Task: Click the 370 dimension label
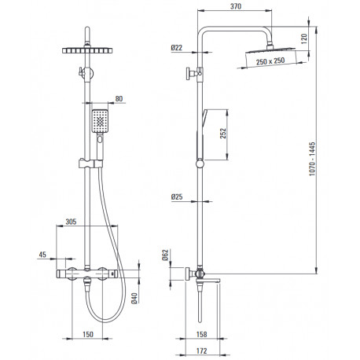236,6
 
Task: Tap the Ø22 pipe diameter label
177,48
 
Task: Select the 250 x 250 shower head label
270,61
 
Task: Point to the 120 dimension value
304,39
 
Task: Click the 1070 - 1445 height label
312,159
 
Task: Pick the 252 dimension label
222,134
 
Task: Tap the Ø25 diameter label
177,197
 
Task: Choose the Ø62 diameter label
165,255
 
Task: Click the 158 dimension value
201,334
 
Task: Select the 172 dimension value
201,351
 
